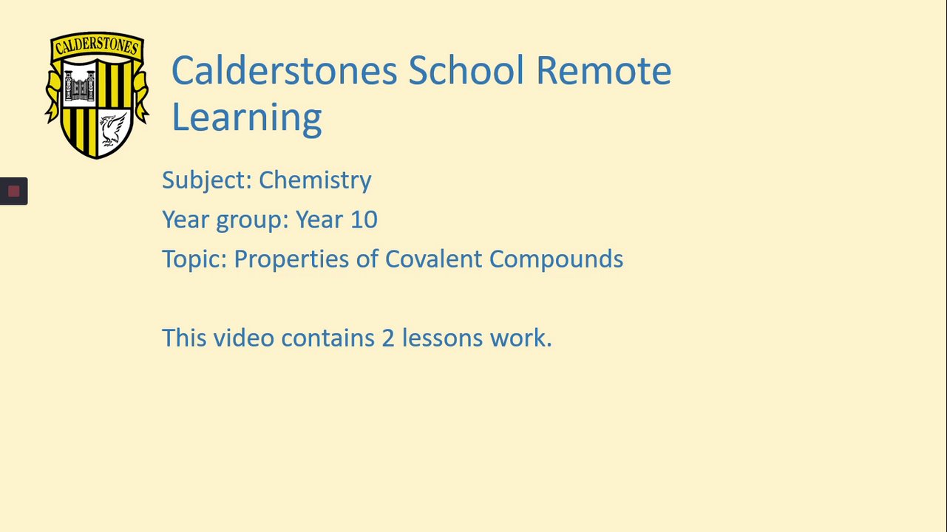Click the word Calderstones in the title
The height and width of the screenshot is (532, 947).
pos(285,70)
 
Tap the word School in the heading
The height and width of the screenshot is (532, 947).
pos(466,70)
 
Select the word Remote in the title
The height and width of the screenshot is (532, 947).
pos(604,70)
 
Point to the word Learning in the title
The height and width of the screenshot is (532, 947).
pos(247,117)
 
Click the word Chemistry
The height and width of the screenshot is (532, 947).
pos(315,180)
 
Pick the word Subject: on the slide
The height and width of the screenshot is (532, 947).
pos(207,180)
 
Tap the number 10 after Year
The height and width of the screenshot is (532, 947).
pos(364,219)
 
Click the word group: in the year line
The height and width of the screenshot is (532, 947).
pos(252,220)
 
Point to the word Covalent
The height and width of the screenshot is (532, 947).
pos(433,259)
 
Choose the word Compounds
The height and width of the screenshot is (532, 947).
pos(556,259)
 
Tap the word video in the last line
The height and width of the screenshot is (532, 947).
pos(244,338)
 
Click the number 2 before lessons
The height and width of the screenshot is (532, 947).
pos(388,338)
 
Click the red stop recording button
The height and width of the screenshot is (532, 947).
pos(14,191)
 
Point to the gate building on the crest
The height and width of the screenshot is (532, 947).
pos(79,86)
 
